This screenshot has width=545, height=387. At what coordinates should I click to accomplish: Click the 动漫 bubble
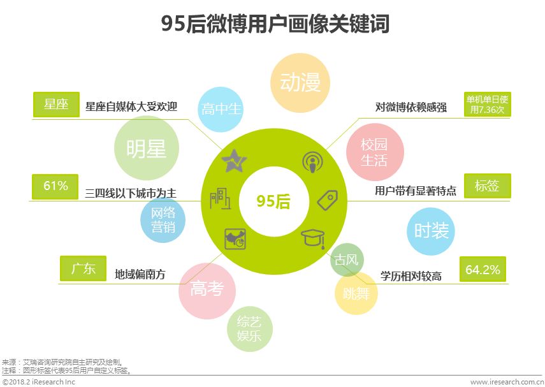[x=300, y=82]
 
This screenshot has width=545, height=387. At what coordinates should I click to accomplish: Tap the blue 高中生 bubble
[x=222, y=109]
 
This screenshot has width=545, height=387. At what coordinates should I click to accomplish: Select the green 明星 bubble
[x=146, y=149]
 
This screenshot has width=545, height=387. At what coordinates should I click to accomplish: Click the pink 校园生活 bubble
[x=374, y=153]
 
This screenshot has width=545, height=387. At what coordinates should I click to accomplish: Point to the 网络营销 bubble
[x=163, y=219]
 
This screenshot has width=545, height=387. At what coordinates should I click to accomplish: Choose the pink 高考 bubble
[x=207, y=289]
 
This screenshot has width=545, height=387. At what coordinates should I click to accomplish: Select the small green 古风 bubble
[x=347, y=260]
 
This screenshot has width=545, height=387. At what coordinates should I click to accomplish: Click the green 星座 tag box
[x=56, y=105]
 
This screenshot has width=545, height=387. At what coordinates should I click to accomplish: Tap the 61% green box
[x=55, y=186]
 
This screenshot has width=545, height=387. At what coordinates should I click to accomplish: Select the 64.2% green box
[x=483, y=270]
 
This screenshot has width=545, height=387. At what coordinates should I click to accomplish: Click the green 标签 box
[x=487, y=186]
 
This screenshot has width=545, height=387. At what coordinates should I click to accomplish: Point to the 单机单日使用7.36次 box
[x=488, y=104]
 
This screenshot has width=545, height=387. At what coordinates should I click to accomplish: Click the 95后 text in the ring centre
[x=273, y=201]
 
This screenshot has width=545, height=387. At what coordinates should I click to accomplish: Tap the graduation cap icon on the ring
[x=313, y=238]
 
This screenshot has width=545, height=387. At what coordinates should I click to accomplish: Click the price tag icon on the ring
[x=326, y=200]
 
